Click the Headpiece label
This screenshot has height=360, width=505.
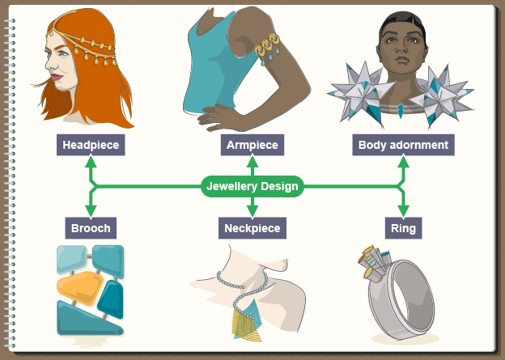91,146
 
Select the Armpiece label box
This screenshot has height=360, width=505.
251,146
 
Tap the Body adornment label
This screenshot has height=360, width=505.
403,146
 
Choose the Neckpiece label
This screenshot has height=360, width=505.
251,228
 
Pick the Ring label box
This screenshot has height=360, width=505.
403,228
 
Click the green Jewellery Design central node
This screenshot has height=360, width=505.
252,187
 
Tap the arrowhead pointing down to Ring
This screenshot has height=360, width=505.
403,212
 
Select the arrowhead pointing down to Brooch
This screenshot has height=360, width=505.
91,212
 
